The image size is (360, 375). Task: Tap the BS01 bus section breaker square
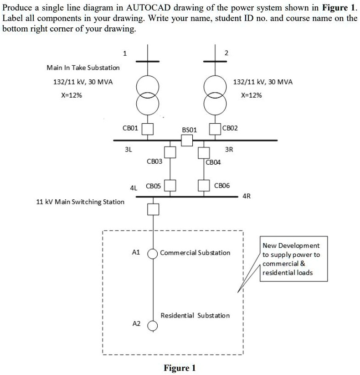(x=187, y=141)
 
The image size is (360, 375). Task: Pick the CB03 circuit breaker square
(x=170, y=152)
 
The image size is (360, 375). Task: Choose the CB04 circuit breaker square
(x=203, y=152)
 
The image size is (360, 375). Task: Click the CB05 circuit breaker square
(x=170, y=185)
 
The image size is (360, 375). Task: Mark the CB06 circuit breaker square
(x=203, y=185)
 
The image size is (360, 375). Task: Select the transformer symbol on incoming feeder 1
(x=147, y=95)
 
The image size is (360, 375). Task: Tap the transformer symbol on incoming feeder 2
(x=215, y=95)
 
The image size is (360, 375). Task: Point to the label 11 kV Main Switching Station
(x=80, y=201)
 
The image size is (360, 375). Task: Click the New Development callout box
(x=293, y=259)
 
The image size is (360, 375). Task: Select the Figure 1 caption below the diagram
(x=180, y=368)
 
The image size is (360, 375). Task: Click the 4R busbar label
(x=247, y=196)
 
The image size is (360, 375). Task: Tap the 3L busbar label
(x=129, y=149)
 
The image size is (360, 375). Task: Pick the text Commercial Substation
(x=195, y=252)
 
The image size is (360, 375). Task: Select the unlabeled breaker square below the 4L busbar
(x=153, y=209)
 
